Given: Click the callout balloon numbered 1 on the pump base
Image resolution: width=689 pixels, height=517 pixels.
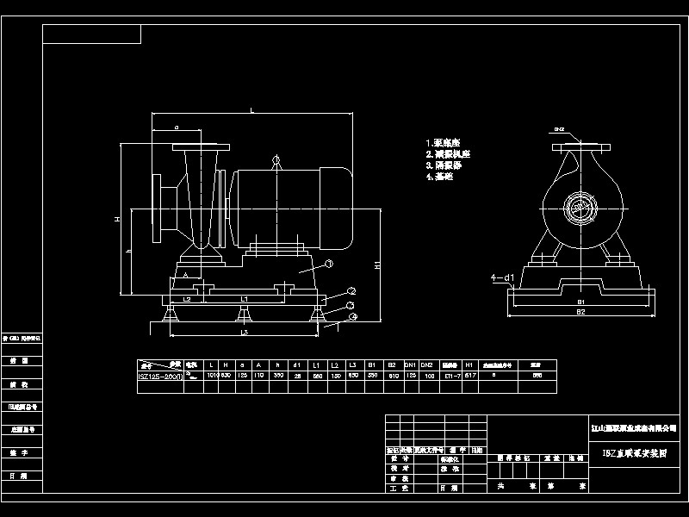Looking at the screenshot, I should tap(327, 264).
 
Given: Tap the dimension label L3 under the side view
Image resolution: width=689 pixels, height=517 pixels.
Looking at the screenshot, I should tap(244, 332).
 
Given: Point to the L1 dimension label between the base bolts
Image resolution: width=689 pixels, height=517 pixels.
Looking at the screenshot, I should tap(244, 298).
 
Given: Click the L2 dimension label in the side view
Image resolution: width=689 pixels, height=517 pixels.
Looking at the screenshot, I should tap(187, 298).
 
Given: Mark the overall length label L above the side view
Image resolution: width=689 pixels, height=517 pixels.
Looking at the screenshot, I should tap(251, 110).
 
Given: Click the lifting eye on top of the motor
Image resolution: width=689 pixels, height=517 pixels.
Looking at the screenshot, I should tap(276, 159).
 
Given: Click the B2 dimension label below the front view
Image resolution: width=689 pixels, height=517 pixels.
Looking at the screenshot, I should tap(580, 312).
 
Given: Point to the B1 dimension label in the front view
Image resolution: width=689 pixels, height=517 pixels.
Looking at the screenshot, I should tap(580, 302).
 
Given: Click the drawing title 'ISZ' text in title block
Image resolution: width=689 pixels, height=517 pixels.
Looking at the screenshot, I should tap(632, 451).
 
